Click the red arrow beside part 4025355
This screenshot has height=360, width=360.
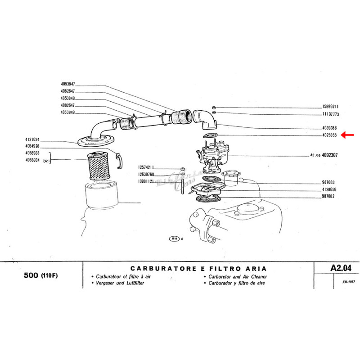(x=347, y=135)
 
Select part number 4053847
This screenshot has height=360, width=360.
(x=67, y=84)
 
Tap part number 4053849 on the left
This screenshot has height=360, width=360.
(x=67, y=112)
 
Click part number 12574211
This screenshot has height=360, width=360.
(x=146, y=167)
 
